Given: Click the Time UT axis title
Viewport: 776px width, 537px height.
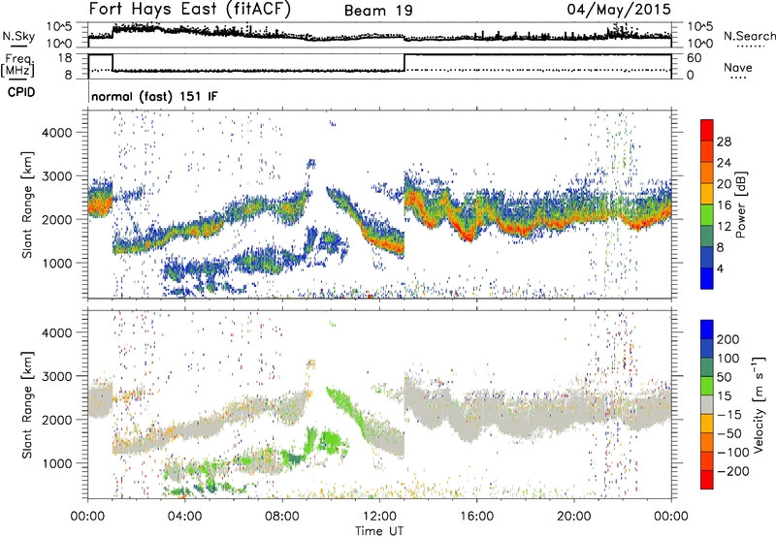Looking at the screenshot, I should [x=378, y=529].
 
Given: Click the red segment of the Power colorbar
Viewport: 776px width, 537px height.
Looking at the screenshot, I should [x=708, y=131].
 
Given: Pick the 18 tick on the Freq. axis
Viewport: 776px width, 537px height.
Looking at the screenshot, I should [x=68, y=58].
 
